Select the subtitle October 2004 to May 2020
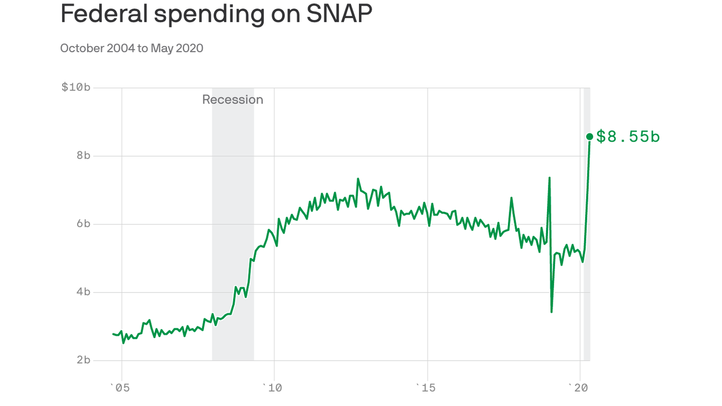pos(132,48)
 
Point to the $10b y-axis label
pos(76,87)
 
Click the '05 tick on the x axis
pos(120,388)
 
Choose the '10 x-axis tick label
pos(273,388)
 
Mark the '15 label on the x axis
pos(425,388)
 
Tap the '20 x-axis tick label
pos(579,388)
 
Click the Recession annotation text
pos(233,99)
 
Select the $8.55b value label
pos(628,136)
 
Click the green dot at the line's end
pos(590,137)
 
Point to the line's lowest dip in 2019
pos(552,311)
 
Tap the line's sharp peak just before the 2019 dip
pos(550,178)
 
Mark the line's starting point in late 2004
pos(113,334)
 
